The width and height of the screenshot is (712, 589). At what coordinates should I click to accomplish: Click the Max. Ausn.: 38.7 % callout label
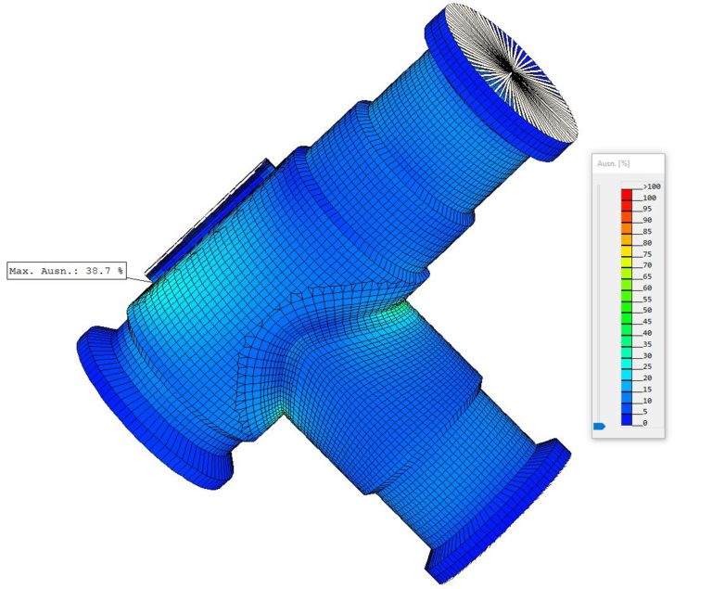tap(66, 272)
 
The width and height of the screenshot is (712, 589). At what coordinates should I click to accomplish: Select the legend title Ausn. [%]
tap(613, 164)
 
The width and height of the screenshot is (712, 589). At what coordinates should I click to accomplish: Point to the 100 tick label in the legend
tap(649, 198)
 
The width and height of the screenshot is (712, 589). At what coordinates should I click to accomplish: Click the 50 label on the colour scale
tap(648, 310)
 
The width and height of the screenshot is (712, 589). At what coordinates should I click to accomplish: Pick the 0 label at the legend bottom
tap(645, 423)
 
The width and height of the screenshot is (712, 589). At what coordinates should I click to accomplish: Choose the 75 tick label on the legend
tap(648, 254)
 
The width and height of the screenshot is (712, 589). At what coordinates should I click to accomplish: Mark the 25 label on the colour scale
tap(648, 366)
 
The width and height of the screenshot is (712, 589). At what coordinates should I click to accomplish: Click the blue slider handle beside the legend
tap(598, 426)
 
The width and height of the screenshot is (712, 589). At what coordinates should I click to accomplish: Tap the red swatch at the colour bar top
tap(627, 196)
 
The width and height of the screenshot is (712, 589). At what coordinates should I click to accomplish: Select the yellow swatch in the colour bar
tap(627, 252)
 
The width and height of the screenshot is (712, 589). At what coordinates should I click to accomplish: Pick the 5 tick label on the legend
tap(645, 412)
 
